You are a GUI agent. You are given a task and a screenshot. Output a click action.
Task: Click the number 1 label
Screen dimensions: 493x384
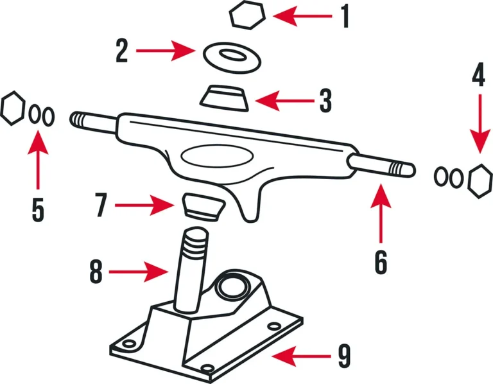(345, 16)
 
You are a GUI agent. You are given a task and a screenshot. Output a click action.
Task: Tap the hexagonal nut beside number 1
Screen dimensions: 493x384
(247, 15)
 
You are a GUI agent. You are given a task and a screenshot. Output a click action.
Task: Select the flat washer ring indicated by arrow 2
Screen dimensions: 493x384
(232, 58)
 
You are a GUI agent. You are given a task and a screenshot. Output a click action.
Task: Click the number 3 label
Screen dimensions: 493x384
(325, 101)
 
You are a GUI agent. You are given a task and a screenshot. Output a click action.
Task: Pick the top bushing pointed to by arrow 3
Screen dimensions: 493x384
(225, 98)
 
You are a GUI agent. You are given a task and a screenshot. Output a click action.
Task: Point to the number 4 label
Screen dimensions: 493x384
(478, 74)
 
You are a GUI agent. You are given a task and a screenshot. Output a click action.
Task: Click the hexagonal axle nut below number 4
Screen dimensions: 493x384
(480, 181)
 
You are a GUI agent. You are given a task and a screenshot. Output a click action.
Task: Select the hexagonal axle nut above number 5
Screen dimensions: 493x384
(13, 108)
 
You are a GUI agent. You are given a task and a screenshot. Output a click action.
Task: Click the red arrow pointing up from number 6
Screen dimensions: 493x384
(381, 213)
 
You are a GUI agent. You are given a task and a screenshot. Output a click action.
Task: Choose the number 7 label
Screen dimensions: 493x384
(101, 205)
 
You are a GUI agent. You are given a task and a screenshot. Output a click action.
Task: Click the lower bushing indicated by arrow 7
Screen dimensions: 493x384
(204, 207)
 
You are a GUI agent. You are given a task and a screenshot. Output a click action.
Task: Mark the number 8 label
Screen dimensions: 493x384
(96, 272)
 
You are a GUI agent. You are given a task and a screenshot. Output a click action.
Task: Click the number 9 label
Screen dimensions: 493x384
(344, 356)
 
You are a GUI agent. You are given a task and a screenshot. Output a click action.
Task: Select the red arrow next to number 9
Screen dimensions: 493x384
(301, 356)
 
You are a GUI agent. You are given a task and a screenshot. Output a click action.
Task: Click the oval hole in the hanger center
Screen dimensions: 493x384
(218, 156)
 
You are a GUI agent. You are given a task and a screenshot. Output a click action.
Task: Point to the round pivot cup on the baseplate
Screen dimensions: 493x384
(234, 287)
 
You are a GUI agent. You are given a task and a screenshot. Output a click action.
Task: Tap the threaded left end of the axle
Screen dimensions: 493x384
(78, 119)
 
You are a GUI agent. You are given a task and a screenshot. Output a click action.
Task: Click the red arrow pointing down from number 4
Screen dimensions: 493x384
(480, 123)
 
